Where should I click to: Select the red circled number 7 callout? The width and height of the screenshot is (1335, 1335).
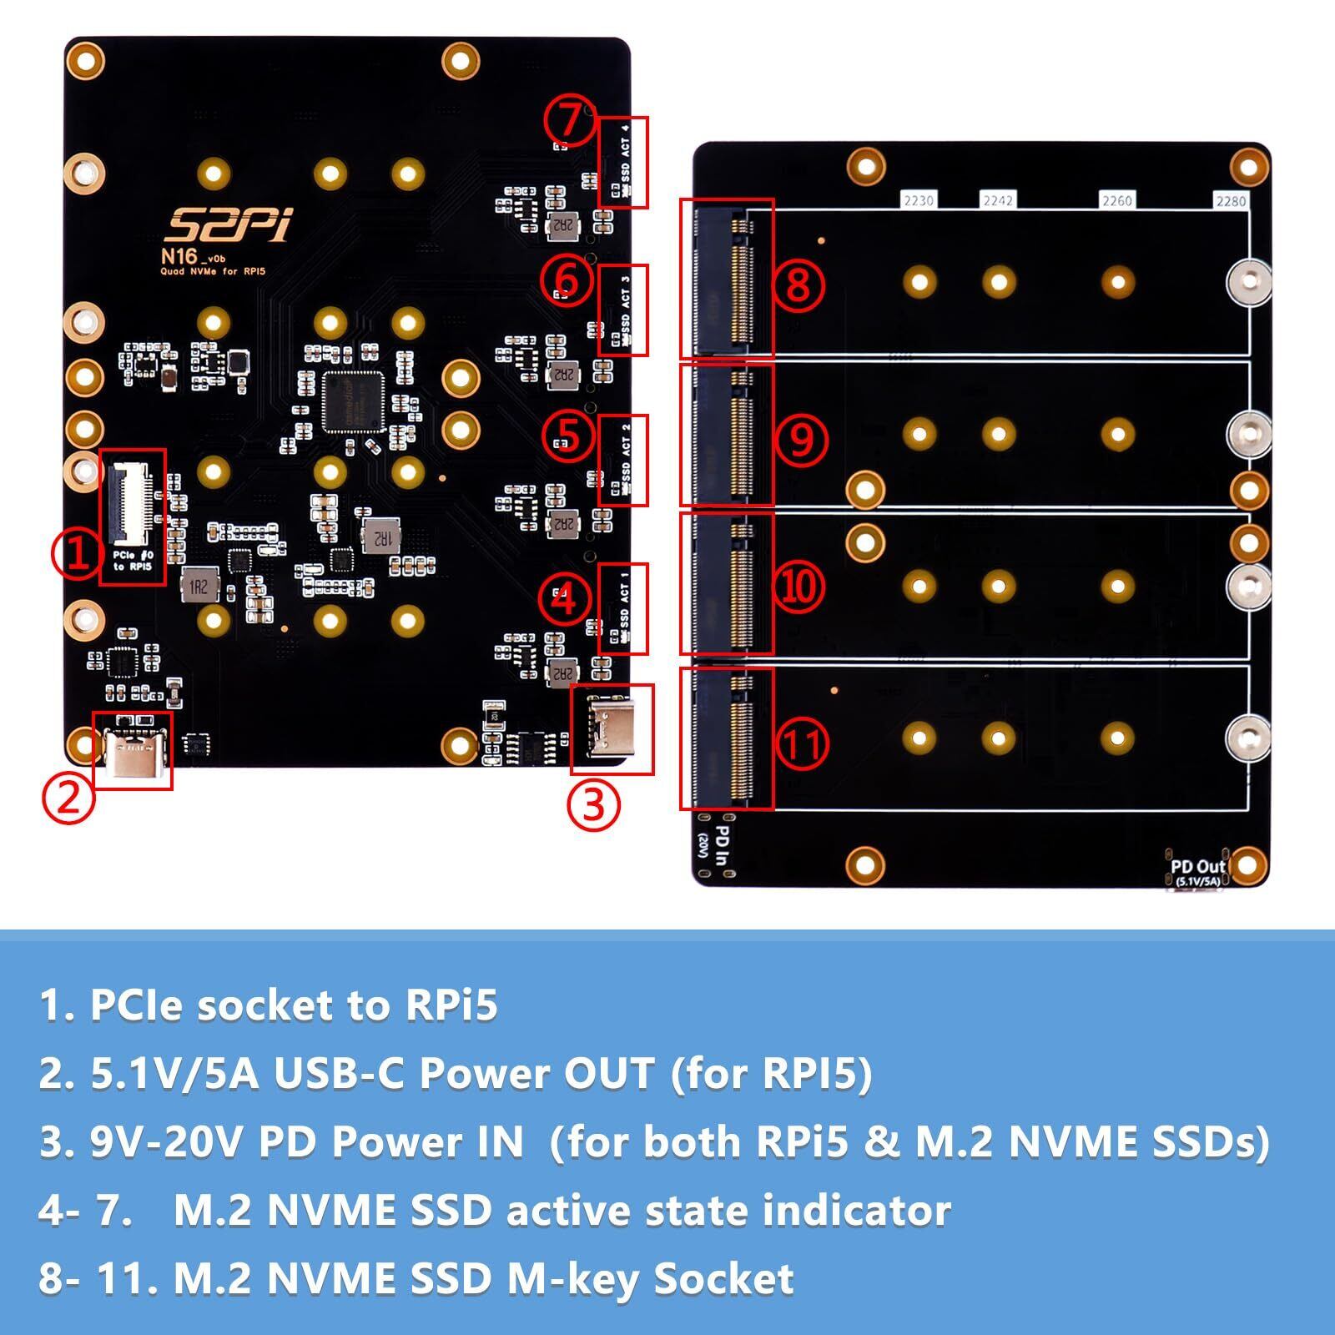point(569,120)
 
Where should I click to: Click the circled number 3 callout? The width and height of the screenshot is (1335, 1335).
point(593,806)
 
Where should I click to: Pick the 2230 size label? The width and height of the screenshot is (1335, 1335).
point(918,200)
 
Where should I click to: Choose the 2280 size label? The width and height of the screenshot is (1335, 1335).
point(1231,201)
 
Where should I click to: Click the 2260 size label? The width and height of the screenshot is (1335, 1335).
point(1117,200)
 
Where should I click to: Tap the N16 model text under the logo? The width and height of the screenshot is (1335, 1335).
point(179,256)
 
